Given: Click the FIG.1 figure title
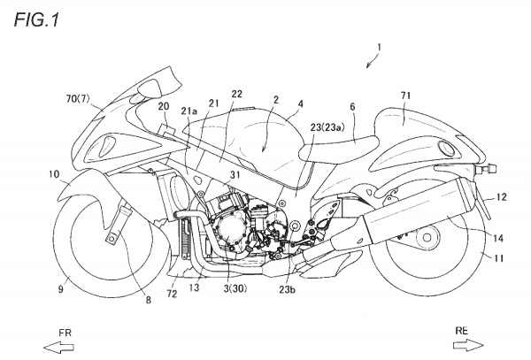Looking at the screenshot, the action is [x=36, y=20].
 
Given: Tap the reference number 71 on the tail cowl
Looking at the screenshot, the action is [x=405, y=96].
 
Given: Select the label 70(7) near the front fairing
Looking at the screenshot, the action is [x=78, y=99].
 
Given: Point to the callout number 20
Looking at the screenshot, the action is [x=164, y=106].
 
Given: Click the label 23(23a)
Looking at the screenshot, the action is [x=327, y=127].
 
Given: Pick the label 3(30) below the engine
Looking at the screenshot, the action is [x=235, y=288].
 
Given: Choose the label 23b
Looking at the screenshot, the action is [x=287, y=290].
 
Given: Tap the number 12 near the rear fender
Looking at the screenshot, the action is [x=501, y=197].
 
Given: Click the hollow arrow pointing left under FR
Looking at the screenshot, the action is [x=58, y=347].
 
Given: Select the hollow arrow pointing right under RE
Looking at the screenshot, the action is [x=468, y=345].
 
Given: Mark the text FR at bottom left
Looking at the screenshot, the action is [x=65, y=333].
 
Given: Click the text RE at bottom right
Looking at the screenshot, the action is [x=461, y=331].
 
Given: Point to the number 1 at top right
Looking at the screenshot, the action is [x=380, y=47].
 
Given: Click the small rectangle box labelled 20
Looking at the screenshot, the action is [x=166, y=131].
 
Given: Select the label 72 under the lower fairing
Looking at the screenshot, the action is [x=172, y=294].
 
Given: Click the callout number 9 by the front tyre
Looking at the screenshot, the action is [x=60, y=289].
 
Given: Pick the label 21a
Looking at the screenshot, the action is [x=189, y=111].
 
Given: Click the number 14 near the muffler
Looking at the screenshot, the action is [x=497, y=239].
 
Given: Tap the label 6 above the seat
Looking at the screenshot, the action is [x=352, y=107].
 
